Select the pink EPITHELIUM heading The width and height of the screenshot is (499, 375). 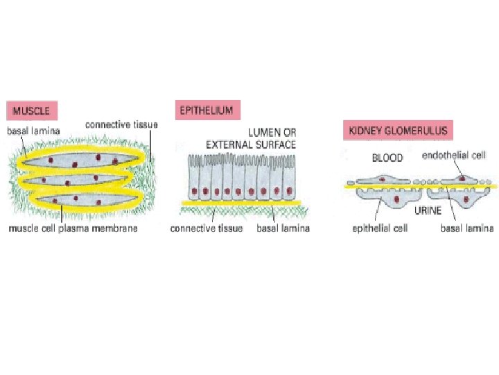point(207,109)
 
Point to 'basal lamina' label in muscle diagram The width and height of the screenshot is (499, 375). point(33,130)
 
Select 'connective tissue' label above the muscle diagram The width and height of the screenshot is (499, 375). point(122,124)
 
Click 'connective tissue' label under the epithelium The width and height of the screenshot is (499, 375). point(207,228)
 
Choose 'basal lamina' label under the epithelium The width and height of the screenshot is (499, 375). point(283,228)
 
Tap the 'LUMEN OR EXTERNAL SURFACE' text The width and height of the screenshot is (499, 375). point(251,138)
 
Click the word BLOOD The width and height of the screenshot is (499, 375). point(387,158)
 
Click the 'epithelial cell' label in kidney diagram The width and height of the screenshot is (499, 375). point(379,228)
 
